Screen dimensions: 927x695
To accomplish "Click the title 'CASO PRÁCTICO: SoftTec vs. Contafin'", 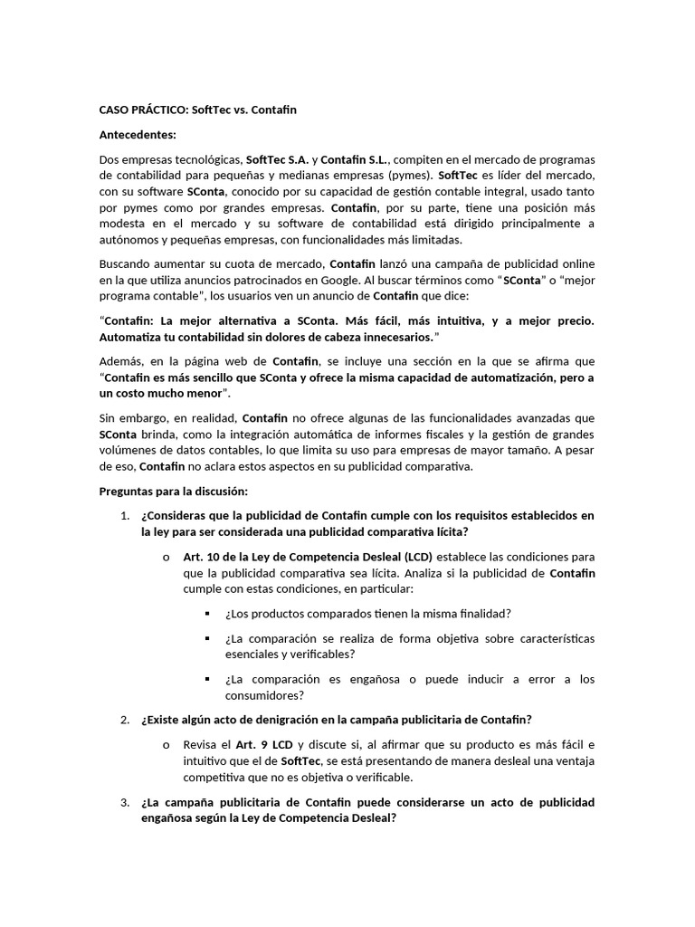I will coord(197,110).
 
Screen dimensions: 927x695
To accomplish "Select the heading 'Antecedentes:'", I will coord(137,134).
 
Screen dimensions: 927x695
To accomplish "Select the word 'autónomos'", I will coord(128,240).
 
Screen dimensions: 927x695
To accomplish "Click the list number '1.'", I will coord(125,515).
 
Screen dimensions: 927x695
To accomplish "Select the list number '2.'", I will coord(125,720).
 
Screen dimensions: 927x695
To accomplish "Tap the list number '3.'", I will coord(125,803).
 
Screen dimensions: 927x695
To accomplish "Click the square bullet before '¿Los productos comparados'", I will coord(208,614).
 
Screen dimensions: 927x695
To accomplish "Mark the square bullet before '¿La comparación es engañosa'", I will coord(208,679).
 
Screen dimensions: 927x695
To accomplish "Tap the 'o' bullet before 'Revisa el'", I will coord(167,744).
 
